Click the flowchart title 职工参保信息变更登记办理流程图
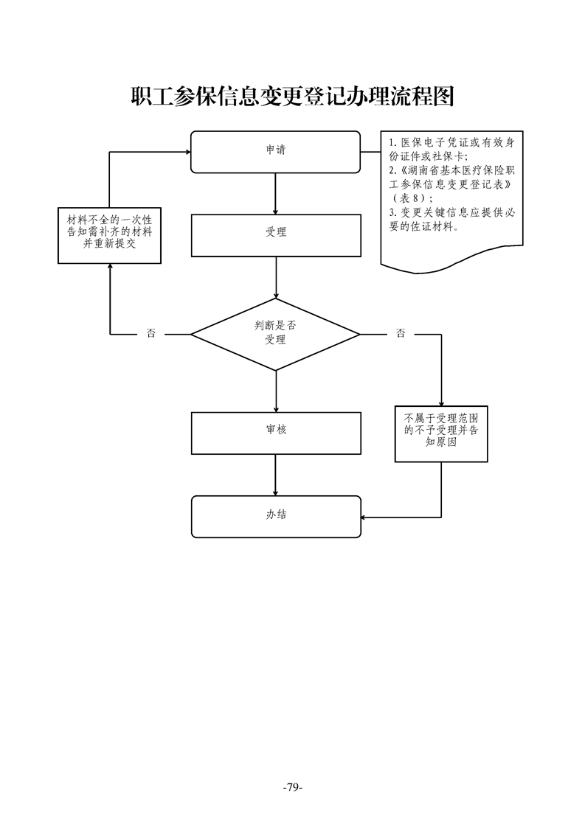point(292,97)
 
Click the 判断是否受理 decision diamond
point(275,334)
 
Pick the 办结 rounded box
point(276,516)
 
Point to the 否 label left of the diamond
point(151,334)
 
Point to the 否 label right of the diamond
point(401,334)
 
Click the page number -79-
point(292,788)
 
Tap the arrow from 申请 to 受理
point(275,193)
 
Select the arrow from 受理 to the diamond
point(276,278)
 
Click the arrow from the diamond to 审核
point(276,391)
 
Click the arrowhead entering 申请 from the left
point(186,153)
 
